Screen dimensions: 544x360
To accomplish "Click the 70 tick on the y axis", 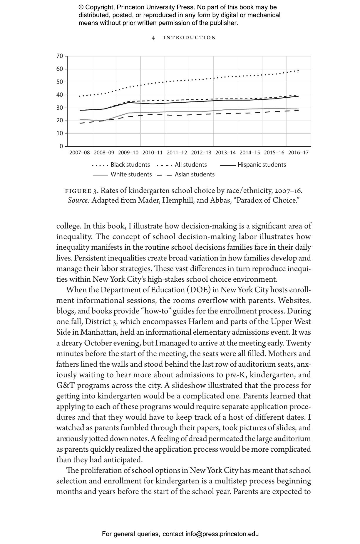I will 60,56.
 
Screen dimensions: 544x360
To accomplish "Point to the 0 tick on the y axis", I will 61,146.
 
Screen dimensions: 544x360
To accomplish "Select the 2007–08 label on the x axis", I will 80,153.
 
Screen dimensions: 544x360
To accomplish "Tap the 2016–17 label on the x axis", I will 298,153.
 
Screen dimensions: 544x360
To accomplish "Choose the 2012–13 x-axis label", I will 201,153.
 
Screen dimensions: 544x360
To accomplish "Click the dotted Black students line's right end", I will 298,70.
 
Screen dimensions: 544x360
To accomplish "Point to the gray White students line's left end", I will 80,119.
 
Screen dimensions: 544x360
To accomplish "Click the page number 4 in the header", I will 153,38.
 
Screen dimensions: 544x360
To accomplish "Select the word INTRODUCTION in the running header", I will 190,38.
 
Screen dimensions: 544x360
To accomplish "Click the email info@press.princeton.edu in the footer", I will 222,534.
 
